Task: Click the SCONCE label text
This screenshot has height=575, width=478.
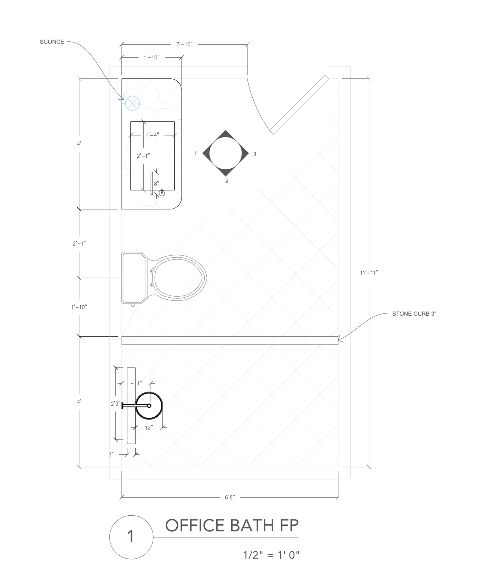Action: (52, 42)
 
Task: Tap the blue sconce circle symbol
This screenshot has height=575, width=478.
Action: (132, 103)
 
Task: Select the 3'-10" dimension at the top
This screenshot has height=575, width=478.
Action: (185, 44)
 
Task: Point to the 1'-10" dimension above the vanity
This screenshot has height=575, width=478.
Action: (152, 57)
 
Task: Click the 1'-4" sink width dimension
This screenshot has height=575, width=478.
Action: (152, 135)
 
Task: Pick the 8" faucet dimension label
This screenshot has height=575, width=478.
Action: (157, 184)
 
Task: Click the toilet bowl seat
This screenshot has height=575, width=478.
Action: (178, 278)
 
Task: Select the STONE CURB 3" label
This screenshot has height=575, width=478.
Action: (414, 314)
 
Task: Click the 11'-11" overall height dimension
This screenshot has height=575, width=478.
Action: (369, 273)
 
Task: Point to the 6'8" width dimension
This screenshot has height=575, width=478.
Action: (230, 497)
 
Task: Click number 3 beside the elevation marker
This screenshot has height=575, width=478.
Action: (255, 155)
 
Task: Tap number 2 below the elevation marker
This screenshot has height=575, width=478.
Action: (227, 181)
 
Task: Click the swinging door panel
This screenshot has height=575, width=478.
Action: (299, 105)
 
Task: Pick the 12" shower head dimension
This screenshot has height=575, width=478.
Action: (149, 428)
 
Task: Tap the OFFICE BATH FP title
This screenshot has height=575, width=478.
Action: (232, 525)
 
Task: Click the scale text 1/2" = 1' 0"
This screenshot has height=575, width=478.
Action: (271, 555)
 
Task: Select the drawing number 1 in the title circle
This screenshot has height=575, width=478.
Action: (130, 537)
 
